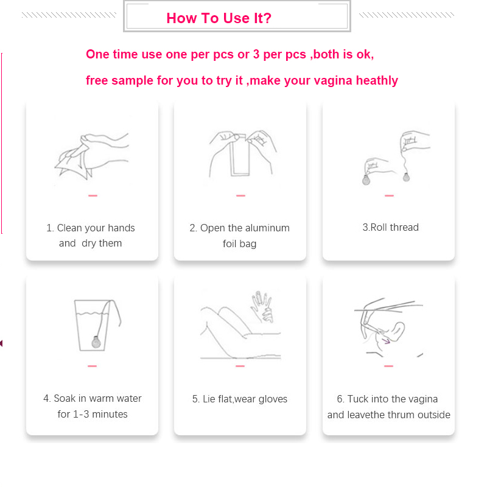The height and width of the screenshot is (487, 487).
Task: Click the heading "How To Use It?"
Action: (219, 18)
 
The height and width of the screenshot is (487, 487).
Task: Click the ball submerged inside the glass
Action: (96, 342)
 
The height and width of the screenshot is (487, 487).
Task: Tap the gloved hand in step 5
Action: (262, 306)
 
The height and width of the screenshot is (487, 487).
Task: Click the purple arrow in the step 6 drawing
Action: (386, 342)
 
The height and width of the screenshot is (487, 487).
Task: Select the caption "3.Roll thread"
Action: (390, 227)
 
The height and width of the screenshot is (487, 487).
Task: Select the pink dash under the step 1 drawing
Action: (93, 195)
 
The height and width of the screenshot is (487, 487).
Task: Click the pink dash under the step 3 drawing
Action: (389, 195)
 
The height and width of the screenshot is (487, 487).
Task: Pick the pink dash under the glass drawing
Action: (93, 366)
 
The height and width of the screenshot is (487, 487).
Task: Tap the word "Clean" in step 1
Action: (69, 228)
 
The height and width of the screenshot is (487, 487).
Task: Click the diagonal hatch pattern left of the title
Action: (69, 15)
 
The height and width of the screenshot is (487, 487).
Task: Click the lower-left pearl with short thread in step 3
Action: (366, 179)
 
